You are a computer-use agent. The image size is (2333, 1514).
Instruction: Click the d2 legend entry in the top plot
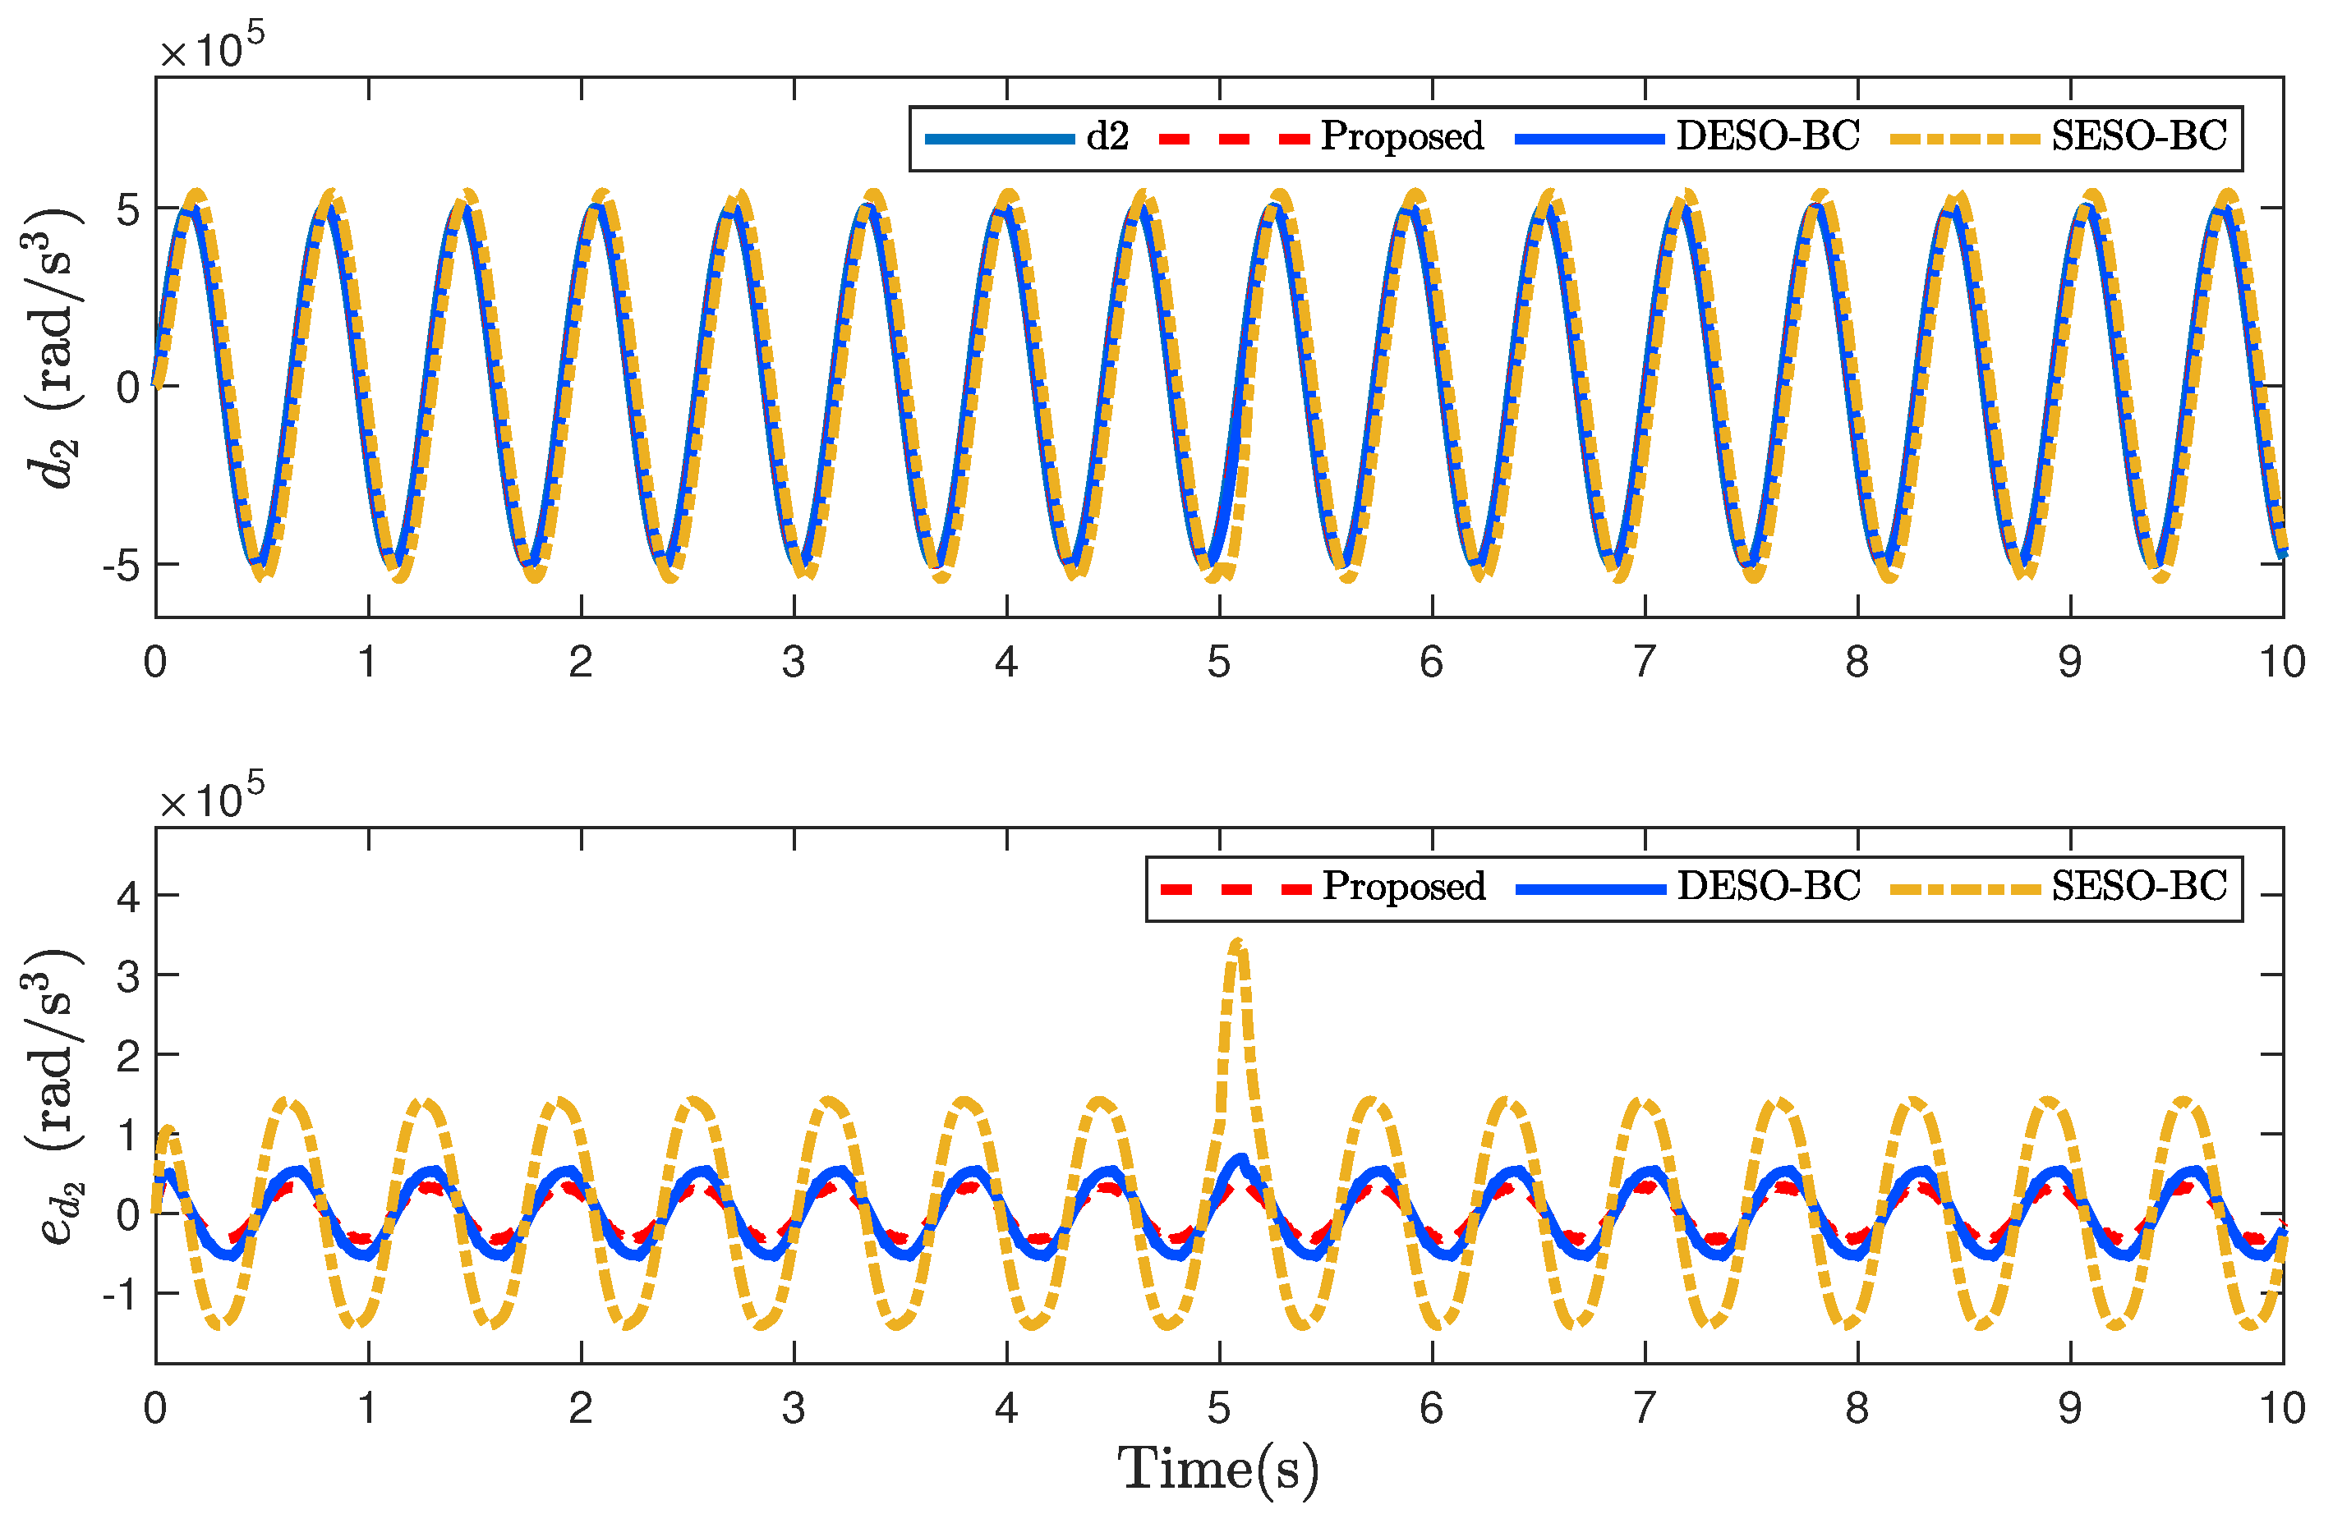1107,137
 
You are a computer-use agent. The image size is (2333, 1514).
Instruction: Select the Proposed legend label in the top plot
1401,137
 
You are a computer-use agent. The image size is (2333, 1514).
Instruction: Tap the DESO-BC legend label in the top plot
1766,136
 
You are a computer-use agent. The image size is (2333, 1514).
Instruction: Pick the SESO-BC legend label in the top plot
2139,136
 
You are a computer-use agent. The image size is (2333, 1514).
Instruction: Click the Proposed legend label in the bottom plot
1403,887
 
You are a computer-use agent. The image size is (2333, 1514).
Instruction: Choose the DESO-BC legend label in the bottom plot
1767,887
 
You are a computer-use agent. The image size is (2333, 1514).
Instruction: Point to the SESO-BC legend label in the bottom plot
2139,887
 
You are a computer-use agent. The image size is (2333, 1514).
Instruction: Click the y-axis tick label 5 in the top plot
128,209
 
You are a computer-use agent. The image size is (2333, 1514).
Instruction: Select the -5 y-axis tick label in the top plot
121,566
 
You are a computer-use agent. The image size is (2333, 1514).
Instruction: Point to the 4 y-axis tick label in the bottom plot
128,897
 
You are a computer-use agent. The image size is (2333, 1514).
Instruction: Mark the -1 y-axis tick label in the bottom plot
121,1296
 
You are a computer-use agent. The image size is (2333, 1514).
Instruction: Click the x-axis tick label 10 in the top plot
2282,663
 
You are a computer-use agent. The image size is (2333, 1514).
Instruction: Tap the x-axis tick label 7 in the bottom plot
1645,1409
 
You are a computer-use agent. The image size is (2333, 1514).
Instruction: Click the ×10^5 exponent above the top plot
212,47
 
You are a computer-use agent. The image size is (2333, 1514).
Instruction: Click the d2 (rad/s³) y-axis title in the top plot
54,348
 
